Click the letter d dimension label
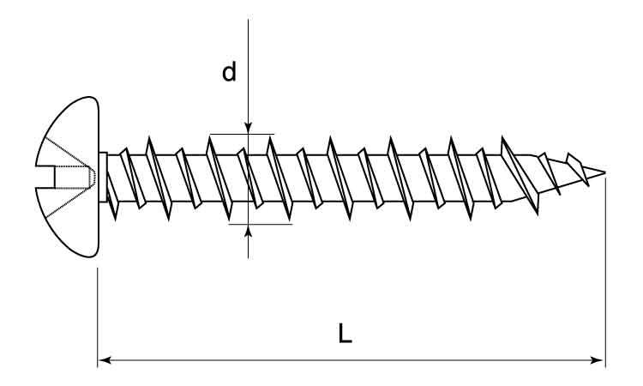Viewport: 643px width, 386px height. tap(229, 71)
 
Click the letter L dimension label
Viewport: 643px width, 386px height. tap(345, 333)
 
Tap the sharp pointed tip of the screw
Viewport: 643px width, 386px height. tap(605, 172)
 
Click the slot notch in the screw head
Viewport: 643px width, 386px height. tap(45, 177)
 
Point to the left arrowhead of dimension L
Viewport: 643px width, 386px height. tap(105, 360)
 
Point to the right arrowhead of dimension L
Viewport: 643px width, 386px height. tap(597, 360)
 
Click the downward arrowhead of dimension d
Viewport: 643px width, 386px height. tap(248, 128)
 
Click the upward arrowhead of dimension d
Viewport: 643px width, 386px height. tap(248, 231)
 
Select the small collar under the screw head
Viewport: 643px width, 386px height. tap(103, 177)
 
